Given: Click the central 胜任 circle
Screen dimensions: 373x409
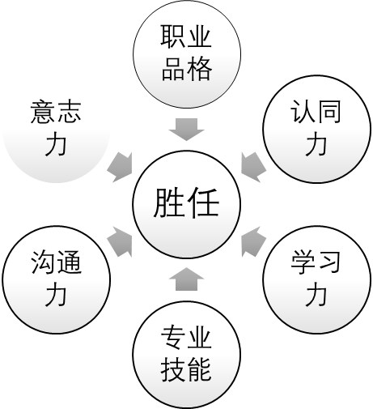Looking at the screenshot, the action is (x=186, y=204).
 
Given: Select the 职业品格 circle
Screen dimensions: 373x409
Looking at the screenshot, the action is (x=187, y=54).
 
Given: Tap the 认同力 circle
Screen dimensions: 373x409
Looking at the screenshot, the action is (x=317, y=129).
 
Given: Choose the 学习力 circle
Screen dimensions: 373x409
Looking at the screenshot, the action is (x=317, y=279).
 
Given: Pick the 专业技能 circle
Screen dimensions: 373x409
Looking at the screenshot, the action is (x=186, y=355).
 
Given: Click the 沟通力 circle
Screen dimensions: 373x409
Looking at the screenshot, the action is (x=57, y=279).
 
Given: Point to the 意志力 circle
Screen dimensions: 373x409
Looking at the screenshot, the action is (x=57, y=129).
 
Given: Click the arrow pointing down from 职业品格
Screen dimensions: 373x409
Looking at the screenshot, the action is (x=187, y=130).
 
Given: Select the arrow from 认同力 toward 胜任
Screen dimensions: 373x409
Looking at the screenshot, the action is (x=254, y=168).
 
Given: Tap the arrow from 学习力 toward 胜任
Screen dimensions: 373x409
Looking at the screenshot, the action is (x=254, y=241).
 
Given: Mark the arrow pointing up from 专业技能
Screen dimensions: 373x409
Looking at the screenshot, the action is (x=187, y=279).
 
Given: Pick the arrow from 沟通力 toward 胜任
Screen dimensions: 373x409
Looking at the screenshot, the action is (x=120, y=241).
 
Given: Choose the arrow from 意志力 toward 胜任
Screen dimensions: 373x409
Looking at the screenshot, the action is (x=120, y=168).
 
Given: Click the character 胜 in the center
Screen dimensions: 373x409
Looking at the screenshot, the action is (x=169, y=202).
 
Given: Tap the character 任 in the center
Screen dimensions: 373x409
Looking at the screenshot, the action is (x=204, y=202).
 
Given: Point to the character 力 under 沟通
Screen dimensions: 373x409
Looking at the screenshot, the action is (x=56, y=296).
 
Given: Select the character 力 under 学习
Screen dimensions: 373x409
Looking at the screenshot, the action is (x=316, y=296).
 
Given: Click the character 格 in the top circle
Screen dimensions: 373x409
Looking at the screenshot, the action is (x=200, y=70).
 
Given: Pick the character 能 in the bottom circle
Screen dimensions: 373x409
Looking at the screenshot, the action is (x=199, y=369).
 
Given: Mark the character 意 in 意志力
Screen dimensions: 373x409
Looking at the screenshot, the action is (x=42, y=113).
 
